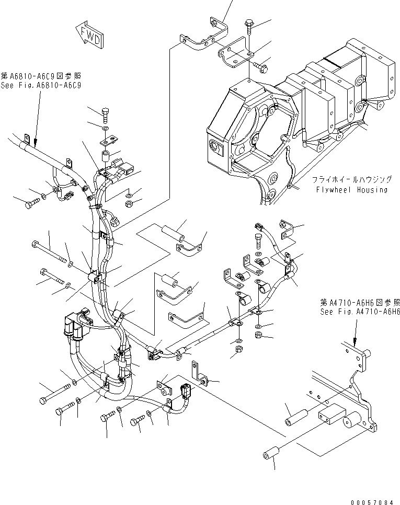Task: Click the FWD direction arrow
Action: point(89,36)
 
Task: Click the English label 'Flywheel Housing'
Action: point(351,189)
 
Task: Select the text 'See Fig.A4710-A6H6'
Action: point(360,312)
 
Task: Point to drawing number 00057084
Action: point(372,502)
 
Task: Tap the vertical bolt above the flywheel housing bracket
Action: point(249,27)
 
